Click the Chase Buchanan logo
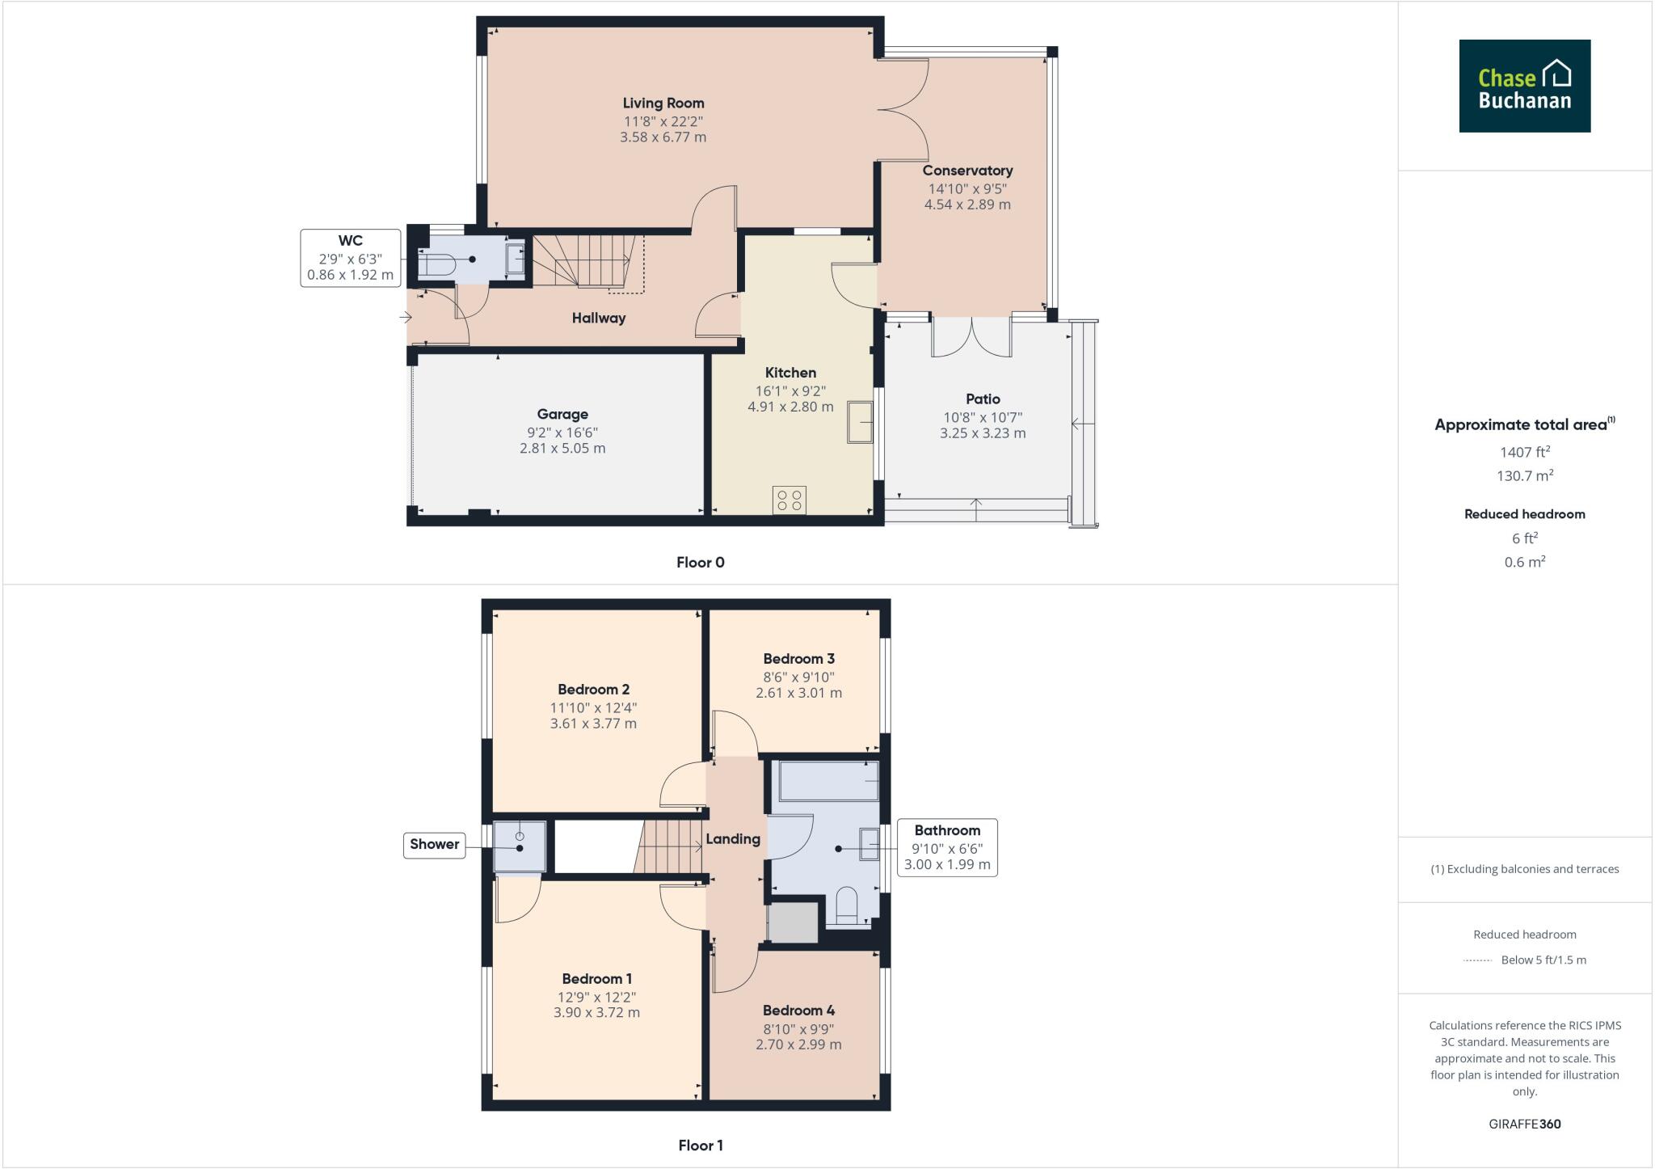click(x=1524, y=86)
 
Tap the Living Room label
click(x=663, y=103)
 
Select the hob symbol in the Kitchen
click(x=789, y=500)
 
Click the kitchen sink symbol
click(x=860, y=422)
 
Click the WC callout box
click(x=350, y=258)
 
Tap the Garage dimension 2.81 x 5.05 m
click(x=562, y=448)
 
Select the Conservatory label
click(x=966, y=171)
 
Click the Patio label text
click(x=982, y=399)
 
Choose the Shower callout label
click(x=434, y=844)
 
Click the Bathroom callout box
click(x=946, y=847)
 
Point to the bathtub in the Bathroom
click(x=828, y=781)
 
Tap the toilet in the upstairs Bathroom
click(x=846, y=906)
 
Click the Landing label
click(x=732, y=839)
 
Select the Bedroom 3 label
click(x=798, y=659)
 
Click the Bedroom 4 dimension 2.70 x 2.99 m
click(x=798, y=1045)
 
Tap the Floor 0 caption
click(x=700, y=563)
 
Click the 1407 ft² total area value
click(x=1524, y=453)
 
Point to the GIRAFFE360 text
click(x=1524, y=1124)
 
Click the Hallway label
click(x=598, y=319)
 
